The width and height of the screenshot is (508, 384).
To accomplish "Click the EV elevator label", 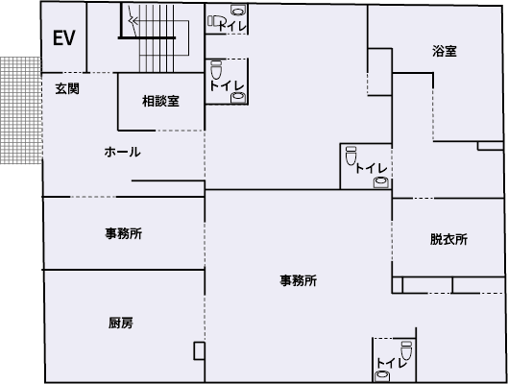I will tap(64, 39).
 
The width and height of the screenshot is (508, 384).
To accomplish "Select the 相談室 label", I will tap(160, 101).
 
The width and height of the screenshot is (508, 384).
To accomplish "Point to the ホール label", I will tap(122, 152).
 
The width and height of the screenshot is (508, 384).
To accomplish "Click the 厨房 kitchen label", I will tap(121, 323).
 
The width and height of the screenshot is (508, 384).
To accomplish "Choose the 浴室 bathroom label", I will tap(444, 52).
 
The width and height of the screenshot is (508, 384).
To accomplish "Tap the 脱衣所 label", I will tap(448, 240).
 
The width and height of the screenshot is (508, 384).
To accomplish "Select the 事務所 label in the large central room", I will tap(299, 281).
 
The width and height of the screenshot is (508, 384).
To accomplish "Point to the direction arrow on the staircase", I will tap(133, 16).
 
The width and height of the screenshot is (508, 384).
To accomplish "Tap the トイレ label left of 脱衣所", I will tap(371, 169).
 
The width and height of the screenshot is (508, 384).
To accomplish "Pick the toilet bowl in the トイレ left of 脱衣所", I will tap(351, 153).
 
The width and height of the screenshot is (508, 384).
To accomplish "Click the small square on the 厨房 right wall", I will tap(199, 350).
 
